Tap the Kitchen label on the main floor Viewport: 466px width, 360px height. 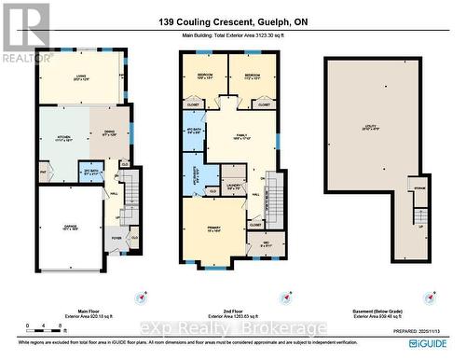click(x=64, y=138)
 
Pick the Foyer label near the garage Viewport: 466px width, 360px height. click(x=116, y=238)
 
